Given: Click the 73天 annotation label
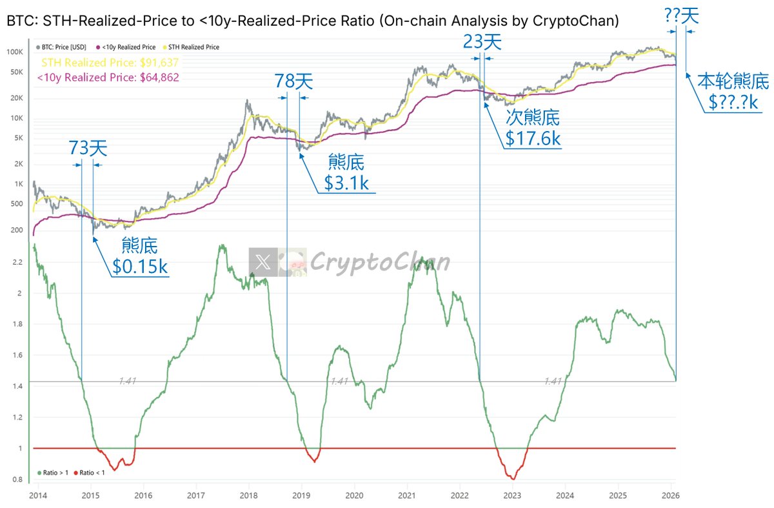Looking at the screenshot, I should [x=88, y=148].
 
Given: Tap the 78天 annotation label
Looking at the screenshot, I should [x=293, y=81].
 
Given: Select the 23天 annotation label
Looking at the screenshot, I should [x=482, y=43].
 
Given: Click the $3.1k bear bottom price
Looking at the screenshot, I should [x=346, y=183].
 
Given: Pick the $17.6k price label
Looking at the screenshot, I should [x=533, y=139].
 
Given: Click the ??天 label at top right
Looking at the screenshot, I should [x=681, y=15].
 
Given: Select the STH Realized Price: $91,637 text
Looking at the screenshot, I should [x=110, y=63].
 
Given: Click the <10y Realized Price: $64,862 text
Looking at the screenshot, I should [x=108, y=77].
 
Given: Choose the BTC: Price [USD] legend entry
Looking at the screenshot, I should [x=63, y=47].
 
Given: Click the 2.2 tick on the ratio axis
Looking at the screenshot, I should [x=17, y=262].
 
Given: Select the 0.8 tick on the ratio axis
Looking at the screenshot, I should [x=17, y=480].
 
